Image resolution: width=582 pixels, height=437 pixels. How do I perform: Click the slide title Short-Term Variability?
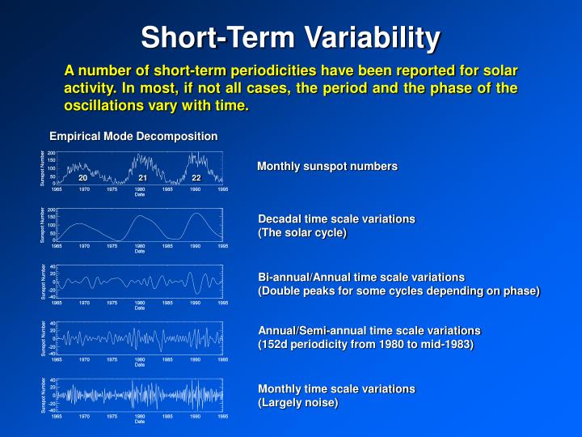click(x=291, y=37)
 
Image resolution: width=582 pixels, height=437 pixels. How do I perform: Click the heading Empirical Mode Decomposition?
click(x=133, y=136)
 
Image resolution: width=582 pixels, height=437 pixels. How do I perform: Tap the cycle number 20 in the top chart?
click(x=82, y=177)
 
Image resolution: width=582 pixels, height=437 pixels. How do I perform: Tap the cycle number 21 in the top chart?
click(x=141, y=177)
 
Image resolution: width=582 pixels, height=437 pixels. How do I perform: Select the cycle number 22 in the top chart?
click(x=196, y=177)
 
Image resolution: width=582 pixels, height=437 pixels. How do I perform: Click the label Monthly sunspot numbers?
click(x=327, y=167)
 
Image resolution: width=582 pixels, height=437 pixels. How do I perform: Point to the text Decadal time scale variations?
click(x=335, y=219)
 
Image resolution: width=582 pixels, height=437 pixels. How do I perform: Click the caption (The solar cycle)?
click(x=302, y=233)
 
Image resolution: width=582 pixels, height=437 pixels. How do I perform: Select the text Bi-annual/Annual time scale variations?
click(x=361, y=277)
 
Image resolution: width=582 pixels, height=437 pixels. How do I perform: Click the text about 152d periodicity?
click(x=365, y=344)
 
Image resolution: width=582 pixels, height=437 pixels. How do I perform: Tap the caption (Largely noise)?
click(x=297, y=402)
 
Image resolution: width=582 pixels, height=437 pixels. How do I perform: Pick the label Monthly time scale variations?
click(x=335, y=388)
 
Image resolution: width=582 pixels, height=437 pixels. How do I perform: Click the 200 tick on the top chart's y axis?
click(x=51, y=153)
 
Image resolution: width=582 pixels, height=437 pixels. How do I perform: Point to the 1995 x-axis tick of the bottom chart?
click(x=222, y=416)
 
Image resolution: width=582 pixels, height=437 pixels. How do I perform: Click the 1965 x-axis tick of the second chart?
click(x=57, y=245)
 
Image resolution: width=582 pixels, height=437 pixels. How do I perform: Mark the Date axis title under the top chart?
click(x=140, y=194)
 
